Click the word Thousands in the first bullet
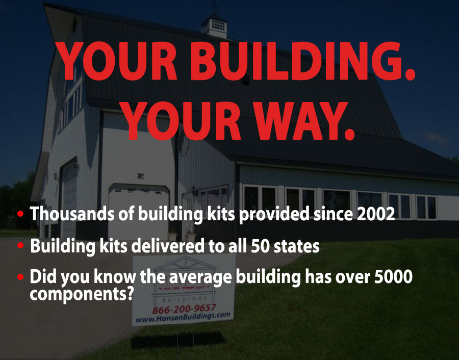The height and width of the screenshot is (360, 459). tap(72, 214)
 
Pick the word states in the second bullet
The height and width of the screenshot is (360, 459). tap(296, 246)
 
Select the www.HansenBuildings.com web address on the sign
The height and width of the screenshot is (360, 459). tap(183, 317)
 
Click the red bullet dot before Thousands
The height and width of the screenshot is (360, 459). tap(20, 214)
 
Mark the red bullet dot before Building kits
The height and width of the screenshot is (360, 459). tap(20, 245)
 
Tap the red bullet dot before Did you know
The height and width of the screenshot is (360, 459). tap(20, 276)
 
